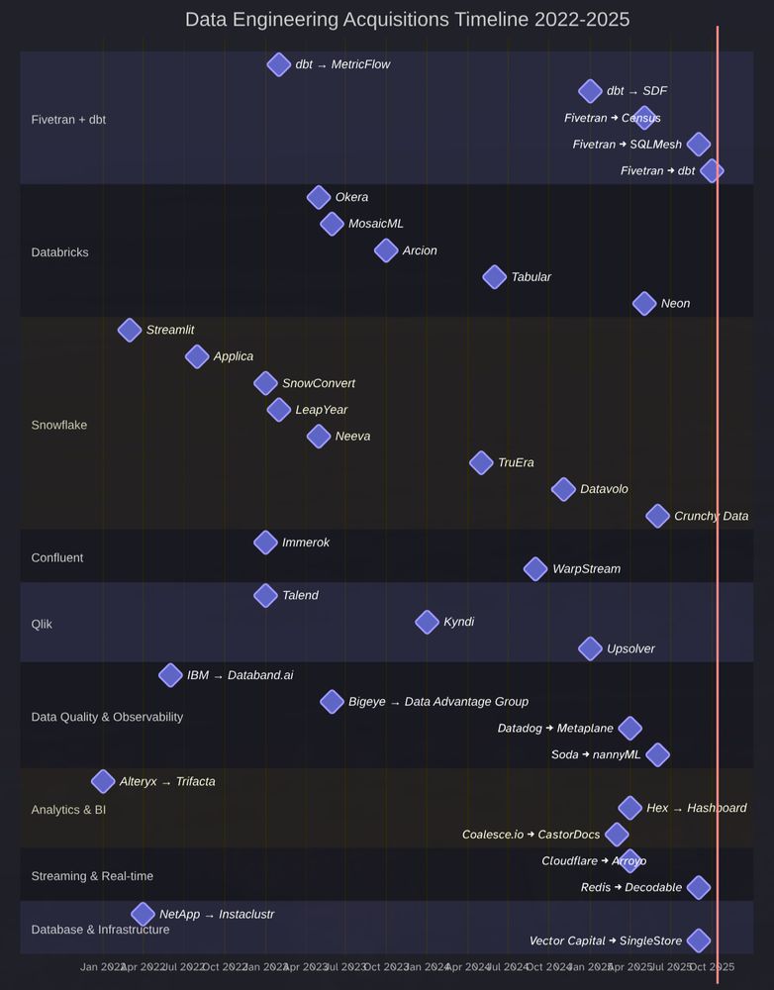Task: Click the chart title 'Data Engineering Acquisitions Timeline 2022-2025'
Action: coord(407,20)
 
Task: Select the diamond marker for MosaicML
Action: coord(332,224)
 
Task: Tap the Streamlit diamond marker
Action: coord(129,330)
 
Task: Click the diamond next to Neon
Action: coord(644,303)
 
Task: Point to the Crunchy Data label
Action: coord(711,516)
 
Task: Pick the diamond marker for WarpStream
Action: coord(535,568)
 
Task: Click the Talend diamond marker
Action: coord(265,595)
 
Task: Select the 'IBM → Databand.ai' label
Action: coord(240,675)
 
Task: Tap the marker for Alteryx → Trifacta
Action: coord(103,781)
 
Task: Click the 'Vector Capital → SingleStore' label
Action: coord(605,940)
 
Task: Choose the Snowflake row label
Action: coord(59,425)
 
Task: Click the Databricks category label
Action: coord(59,252)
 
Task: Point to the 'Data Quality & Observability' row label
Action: coord(107,717)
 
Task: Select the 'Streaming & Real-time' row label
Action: coord(92,876)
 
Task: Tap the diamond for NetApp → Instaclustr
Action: coord(143,914)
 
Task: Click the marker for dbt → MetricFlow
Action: coord(279,64)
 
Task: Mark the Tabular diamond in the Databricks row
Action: coord(495,276)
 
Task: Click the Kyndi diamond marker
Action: coord(427,622)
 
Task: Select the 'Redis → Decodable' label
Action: coord(630,887)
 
